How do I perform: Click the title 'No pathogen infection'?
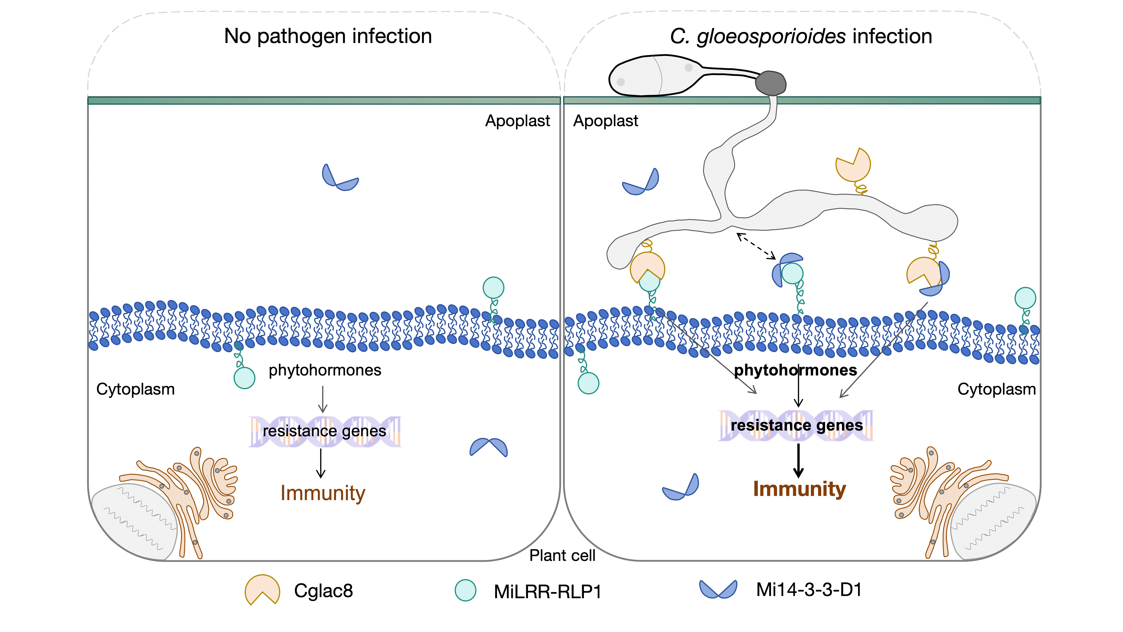pos(328,36)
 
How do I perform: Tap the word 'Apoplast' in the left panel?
pos(517,121)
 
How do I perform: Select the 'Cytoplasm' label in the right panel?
pos(996,389)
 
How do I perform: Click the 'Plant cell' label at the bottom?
pos(562,556)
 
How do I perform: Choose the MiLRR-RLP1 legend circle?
pos(465,590)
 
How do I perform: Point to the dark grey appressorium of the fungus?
pos(770,83)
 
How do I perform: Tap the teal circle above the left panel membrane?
pos(494,288)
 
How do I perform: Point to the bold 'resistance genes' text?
pos(796,425)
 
